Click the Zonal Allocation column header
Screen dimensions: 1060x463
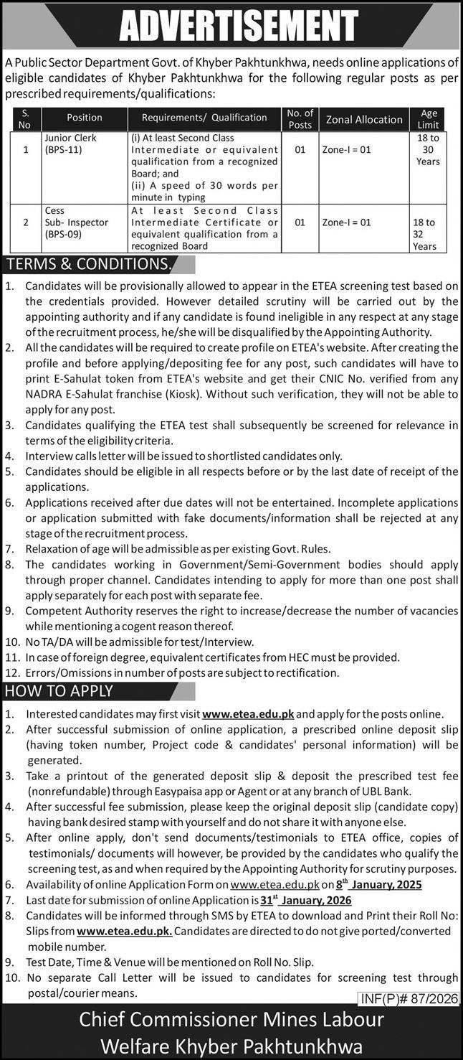[x=364, y=119]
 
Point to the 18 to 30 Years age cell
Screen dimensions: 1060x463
[x=428, y=149]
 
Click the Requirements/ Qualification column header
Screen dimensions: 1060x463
[x=204, y=118]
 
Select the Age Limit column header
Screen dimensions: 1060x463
[x=429, y=119]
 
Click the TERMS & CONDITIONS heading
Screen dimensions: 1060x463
[x=88, y=264]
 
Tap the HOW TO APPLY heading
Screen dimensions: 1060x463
[x=59, y=691]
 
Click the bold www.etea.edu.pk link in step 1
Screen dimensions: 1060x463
[x=248, y=715]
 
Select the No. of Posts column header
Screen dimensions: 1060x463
[x=300, y=119]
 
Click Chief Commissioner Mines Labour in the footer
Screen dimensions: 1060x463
[x=231, y=1020]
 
